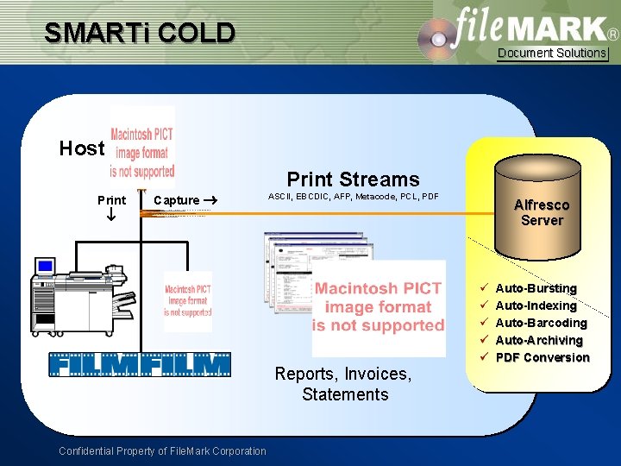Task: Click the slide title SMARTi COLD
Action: (140, 33)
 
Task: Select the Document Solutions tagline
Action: (552, 54)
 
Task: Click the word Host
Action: (81, 148)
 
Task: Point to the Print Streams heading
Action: (353, 179)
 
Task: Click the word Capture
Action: (176, 200)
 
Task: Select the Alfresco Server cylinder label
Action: (542, 212)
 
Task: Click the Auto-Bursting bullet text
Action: (536, 288)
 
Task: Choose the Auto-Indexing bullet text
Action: (536, 305)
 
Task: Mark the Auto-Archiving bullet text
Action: (540, 340)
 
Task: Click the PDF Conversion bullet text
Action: (543, 357)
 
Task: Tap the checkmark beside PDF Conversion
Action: (485, 357)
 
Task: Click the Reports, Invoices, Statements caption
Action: (343, 384)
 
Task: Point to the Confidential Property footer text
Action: (162, 450)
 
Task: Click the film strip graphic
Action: (140, 365)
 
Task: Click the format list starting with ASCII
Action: (354, 197)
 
